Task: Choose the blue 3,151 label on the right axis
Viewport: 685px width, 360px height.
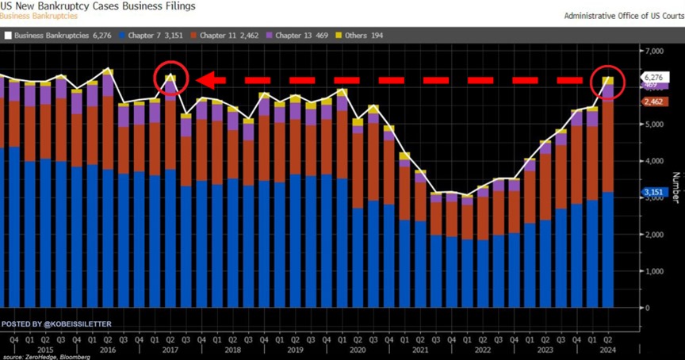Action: [652, 192]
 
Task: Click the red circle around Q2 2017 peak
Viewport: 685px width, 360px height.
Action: [170, 79]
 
